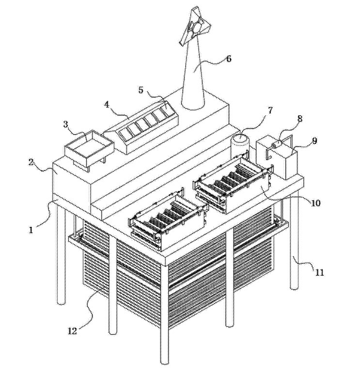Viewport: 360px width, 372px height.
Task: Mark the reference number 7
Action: (x=269, y=110)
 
